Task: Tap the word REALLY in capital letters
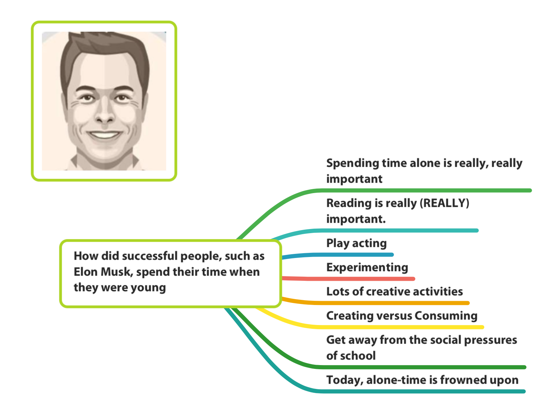click(x=444, y=203)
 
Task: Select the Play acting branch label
click(x=356, y=243)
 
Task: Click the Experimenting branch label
click(x=367, y=267)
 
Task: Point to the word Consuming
click(x=446, y=316)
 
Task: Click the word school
click(x=358, y=355)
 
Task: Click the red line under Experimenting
click(x=349, y=279)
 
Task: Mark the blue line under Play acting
click(x=338, y=255)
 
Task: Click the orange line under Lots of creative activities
click(x=375, y=303)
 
